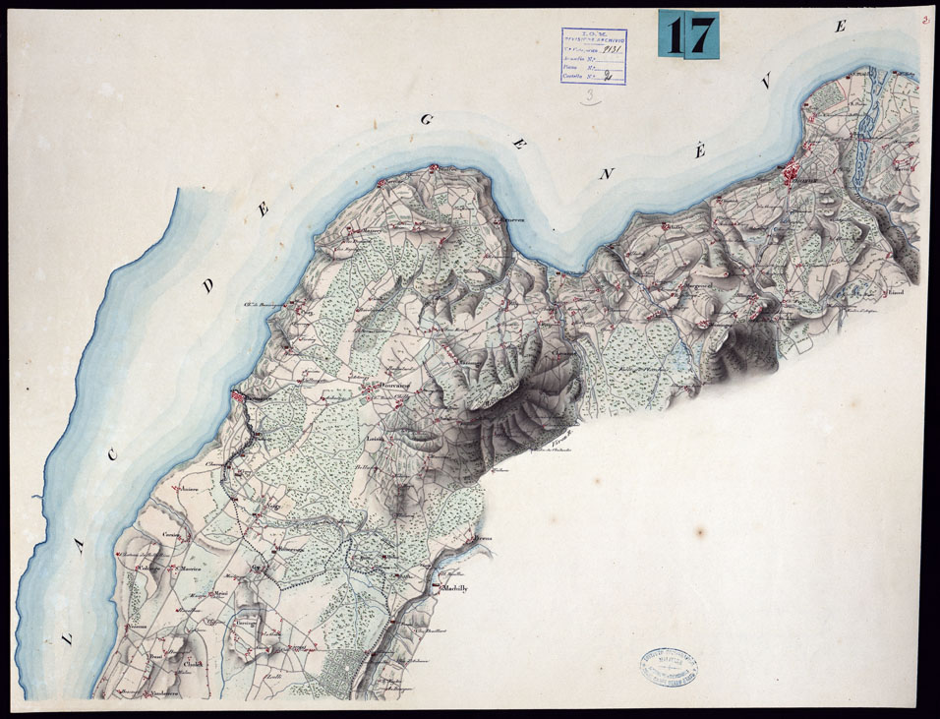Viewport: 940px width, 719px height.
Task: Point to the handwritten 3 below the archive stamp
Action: [x=590, y=96]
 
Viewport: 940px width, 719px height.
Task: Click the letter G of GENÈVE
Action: [x=427, y=120]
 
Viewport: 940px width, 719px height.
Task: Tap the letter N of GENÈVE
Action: [x=610, y=174]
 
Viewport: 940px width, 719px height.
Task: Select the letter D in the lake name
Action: [x=208, y=286]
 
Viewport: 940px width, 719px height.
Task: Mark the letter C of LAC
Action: [x=114, y=454]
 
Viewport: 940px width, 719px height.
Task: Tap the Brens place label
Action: [x=482, y=540]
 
